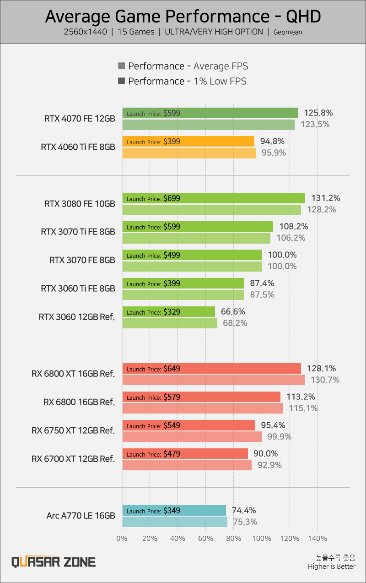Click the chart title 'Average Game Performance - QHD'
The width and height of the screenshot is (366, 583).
coord(183,16)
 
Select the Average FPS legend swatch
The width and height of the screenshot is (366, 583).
coord(122,66)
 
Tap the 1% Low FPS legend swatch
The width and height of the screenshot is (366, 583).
coord(122,81)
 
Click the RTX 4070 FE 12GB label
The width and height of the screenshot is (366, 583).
coord(80,119)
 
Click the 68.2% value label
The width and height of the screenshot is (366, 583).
coord(234,323)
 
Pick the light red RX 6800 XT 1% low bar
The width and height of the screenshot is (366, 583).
coord(213,380)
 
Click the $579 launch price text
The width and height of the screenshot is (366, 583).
coord(172,397)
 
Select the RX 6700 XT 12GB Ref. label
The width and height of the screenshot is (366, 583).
coord(73,459)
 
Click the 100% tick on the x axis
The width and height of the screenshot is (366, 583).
coord(262,538)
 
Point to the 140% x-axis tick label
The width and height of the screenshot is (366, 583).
coord(318,538)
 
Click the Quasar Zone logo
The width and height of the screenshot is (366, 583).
coord(54,562)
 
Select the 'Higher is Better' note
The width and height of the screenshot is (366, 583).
coord(332,567)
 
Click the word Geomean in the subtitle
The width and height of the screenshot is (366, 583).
coord(288,33)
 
